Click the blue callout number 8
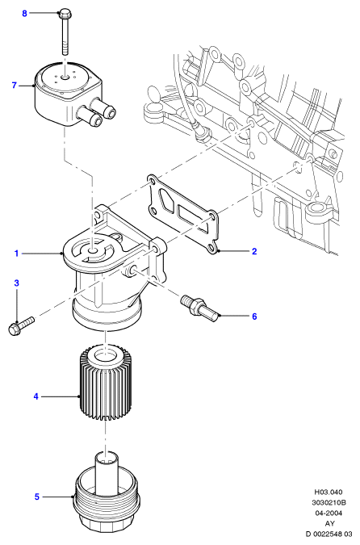(24, 14)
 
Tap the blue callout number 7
(15, 85)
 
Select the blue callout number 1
(16, 254)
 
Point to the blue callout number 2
(254, 251)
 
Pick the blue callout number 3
(16, 283)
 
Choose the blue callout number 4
(36, 396)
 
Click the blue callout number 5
(37, 497)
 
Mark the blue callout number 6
(254, 317)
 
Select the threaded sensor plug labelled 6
(199, 308)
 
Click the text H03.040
(329, 492)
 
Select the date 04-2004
(329, 513)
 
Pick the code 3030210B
(329, 502)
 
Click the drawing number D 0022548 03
(329, 534)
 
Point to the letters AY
(330, 523)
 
